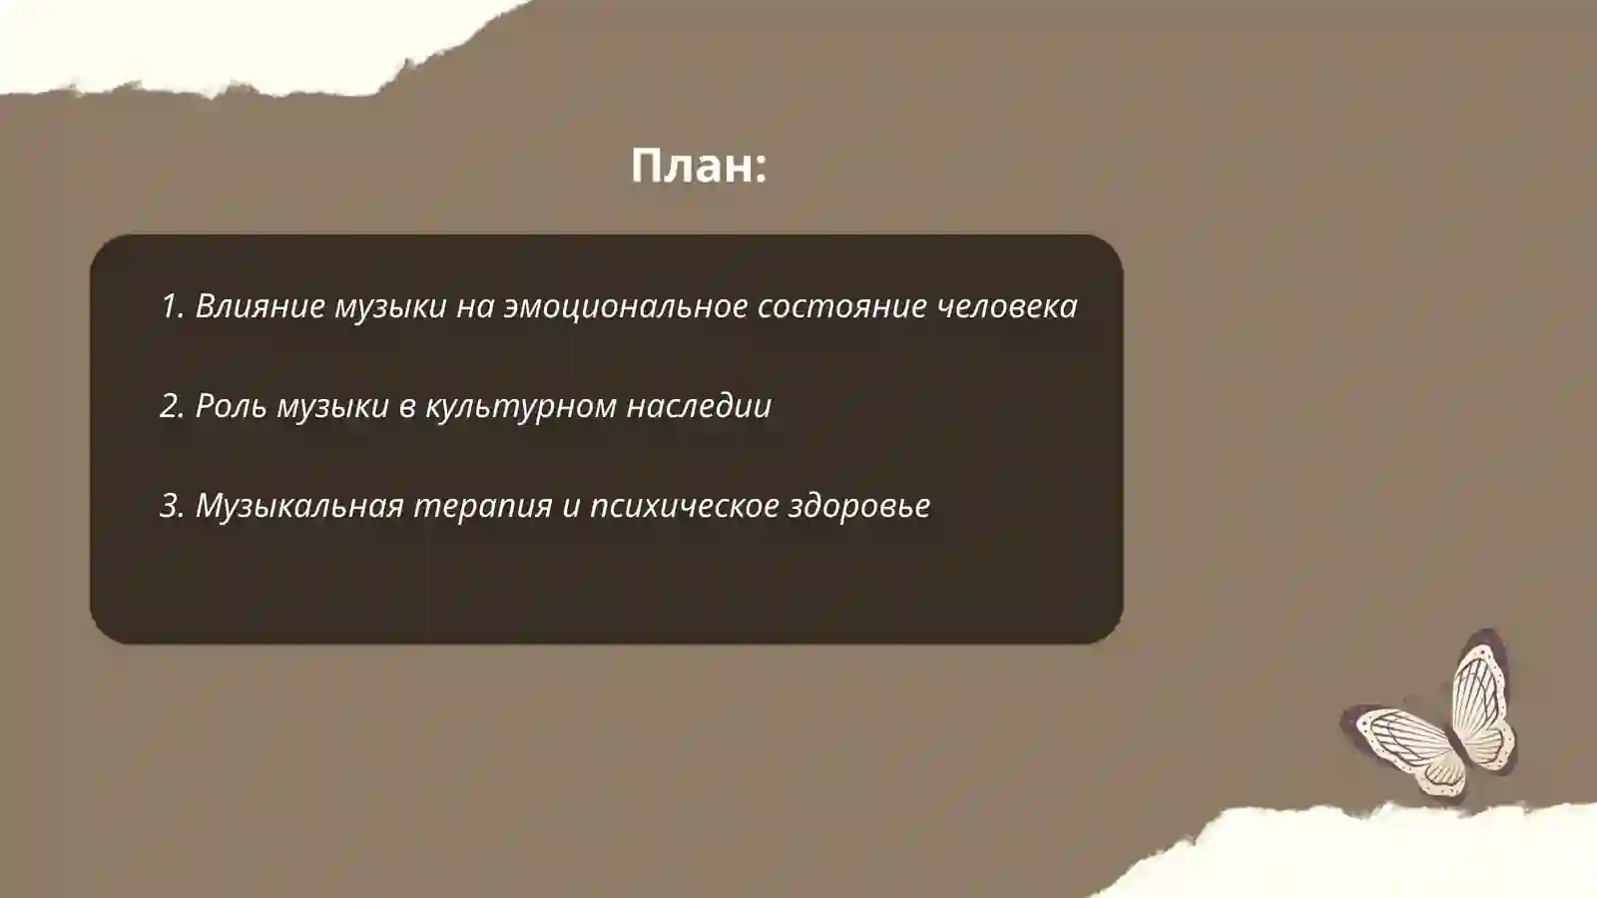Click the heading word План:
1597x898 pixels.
(698, 166)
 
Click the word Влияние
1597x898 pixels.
(260, 306)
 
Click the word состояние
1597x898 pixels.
(841, 306)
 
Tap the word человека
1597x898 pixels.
(1007, 306)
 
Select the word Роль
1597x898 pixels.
(232, 406)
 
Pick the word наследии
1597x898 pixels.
(699, 406)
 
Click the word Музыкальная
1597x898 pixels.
(298, 506)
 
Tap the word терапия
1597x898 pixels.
(482, 507)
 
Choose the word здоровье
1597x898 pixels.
(859, 507)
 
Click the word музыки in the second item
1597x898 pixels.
(332, 407)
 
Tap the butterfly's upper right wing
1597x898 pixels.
(1482, 698)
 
